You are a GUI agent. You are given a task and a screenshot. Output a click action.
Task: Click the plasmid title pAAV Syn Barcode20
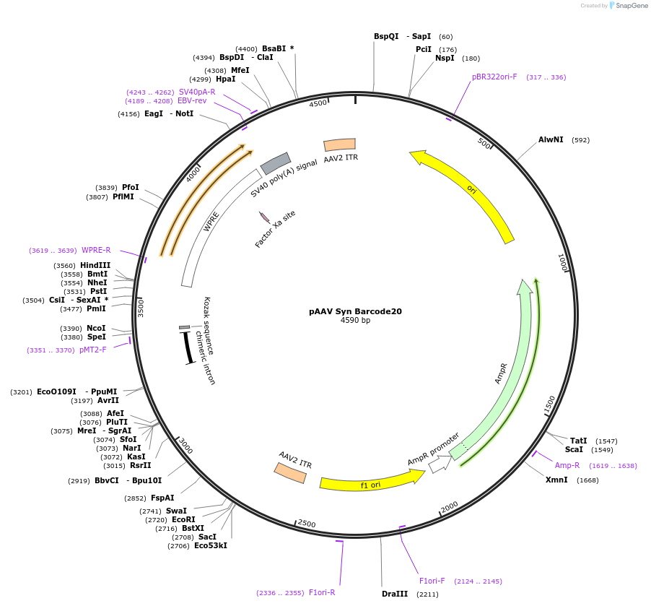tap(355, 311)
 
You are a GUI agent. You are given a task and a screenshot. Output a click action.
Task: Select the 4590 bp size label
tap(355, 321)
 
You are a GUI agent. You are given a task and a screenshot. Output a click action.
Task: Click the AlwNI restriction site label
tap(551, 139)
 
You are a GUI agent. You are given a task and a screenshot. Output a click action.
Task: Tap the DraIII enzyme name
tap(395, 594)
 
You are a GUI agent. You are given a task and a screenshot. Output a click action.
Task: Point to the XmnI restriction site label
tap(556, 480)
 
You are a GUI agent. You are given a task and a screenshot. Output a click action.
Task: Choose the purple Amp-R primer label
tap(567, 465)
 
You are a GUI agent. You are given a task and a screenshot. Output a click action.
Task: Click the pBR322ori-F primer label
tap(494, 77)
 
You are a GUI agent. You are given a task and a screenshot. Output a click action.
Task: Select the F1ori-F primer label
tap(432, 581)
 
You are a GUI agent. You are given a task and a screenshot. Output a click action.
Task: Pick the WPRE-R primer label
tap(96, 250)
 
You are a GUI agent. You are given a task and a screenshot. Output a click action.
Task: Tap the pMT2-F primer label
tap(92, 350)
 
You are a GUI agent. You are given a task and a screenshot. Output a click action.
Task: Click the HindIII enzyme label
tap(95, 265)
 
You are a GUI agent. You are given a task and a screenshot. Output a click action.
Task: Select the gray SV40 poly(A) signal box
tap(275, 163)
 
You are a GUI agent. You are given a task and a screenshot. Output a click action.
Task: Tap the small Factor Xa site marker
tap(264, 217)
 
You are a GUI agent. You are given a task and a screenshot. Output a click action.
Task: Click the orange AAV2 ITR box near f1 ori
tap(290, 472)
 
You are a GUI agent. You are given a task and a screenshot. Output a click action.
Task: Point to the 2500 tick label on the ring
tap(307, 523)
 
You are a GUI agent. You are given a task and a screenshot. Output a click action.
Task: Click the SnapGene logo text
tap(630, 6)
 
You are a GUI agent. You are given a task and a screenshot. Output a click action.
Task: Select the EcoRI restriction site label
tap(183, 519)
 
